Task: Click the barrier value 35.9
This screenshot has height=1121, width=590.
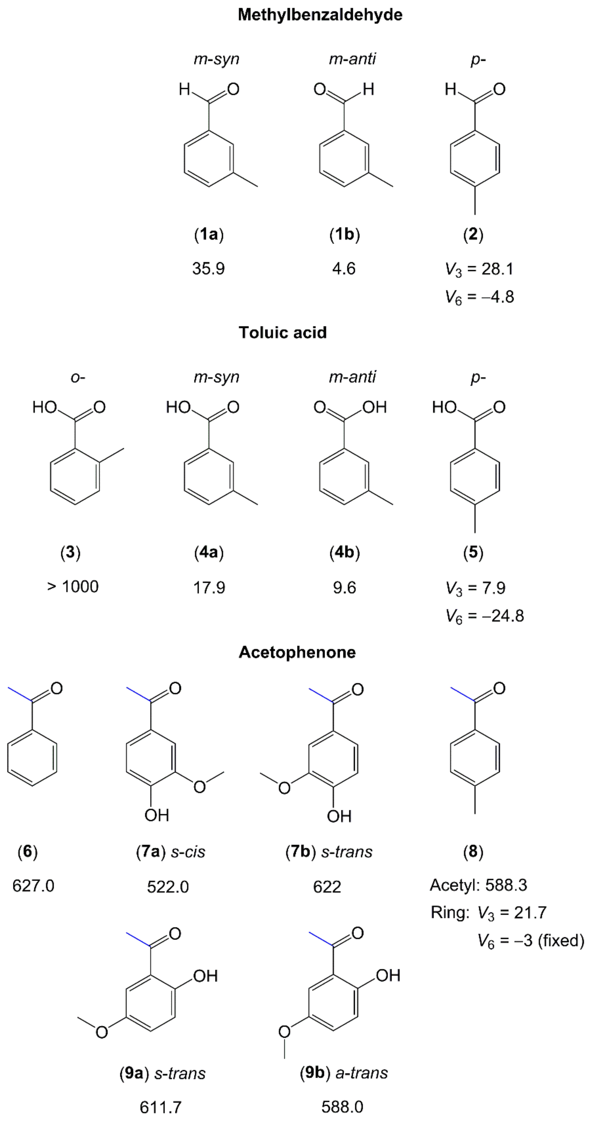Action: (209, 268)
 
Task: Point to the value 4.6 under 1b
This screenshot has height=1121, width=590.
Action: (344, 268)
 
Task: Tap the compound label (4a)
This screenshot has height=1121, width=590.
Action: (209, 553)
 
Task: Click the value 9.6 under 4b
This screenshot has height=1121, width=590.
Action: (345, 588)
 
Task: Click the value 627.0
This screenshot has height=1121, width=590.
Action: (33, 886)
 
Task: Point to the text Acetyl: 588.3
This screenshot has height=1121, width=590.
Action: (478, 885)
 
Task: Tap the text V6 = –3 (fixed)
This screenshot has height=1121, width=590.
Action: (530, 940)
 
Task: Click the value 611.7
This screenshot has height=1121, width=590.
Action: (161, 1107)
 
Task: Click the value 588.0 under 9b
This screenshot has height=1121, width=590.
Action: (342, 1107)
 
